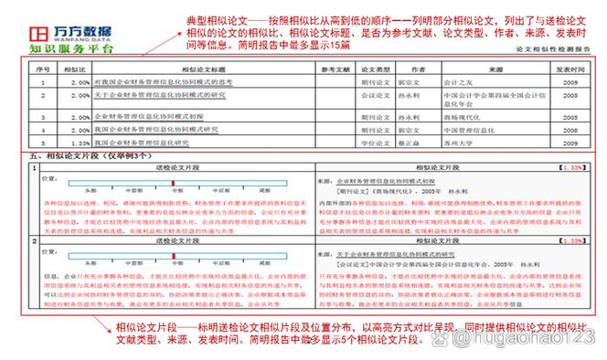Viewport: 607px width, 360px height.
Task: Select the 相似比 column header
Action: point(77,69)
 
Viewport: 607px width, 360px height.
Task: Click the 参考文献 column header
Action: point(335,69)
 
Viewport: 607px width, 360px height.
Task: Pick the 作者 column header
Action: point(418,69)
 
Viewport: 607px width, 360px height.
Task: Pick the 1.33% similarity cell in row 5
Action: point(79,143)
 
